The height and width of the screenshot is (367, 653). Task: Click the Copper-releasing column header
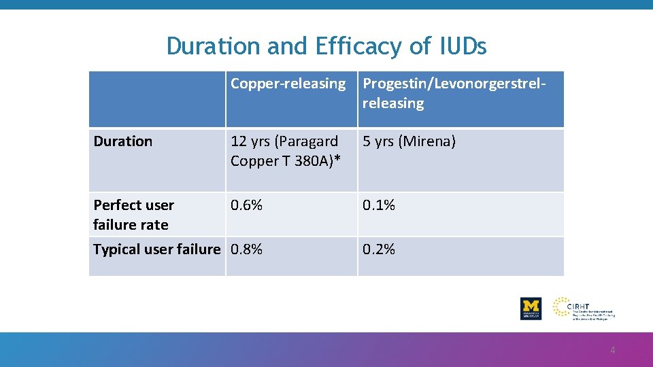pos(288,84)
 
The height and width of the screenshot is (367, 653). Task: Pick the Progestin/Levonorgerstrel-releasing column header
pos(454,93)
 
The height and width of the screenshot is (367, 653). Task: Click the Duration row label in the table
pos(122,141)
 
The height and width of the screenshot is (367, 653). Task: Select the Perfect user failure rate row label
pos(133,215)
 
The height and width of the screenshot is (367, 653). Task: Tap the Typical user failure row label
pos(156,249)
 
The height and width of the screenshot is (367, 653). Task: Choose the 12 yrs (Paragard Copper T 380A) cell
pos(285,151)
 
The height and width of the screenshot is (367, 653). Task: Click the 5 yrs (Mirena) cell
pos(409,141)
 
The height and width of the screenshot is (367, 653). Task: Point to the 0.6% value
pos(246,205)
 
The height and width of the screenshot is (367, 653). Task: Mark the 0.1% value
pos(378,205)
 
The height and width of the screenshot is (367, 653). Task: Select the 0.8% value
pos(246,249)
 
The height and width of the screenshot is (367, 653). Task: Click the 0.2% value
pos(378,249)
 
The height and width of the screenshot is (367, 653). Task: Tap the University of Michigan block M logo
pos(531,308)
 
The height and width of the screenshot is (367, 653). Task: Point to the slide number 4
pos(612,351)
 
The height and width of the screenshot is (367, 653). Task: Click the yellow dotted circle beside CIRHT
pos(563,307)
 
